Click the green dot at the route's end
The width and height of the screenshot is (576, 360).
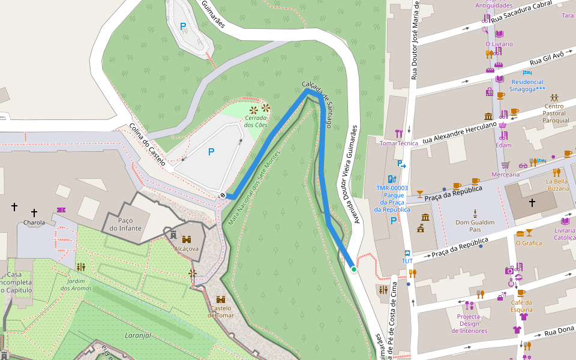coord(354,269)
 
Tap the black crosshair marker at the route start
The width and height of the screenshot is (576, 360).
coord(223,195)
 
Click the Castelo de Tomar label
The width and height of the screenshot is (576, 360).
coord(220,311)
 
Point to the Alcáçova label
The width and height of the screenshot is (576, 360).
coord(186,248)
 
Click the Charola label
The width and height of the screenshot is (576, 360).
coord(34,223)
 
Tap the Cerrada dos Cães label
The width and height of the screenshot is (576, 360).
coord(256,121)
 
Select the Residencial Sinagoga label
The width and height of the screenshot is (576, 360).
coord(527,85)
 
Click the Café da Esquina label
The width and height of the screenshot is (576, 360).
coord(521,306)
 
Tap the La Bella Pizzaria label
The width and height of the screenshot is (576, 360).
coord(557,184)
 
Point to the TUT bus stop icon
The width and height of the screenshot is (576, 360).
coord(407,253)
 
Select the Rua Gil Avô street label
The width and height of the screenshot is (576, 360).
coord(546,58)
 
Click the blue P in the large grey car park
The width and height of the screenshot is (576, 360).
coord(211,152)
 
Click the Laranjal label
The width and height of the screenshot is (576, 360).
coord(137,335)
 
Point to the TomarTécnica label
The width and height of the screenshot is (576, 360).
coord(399,143)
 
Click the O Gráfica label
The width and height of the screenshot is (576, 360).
coord(529,243)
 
